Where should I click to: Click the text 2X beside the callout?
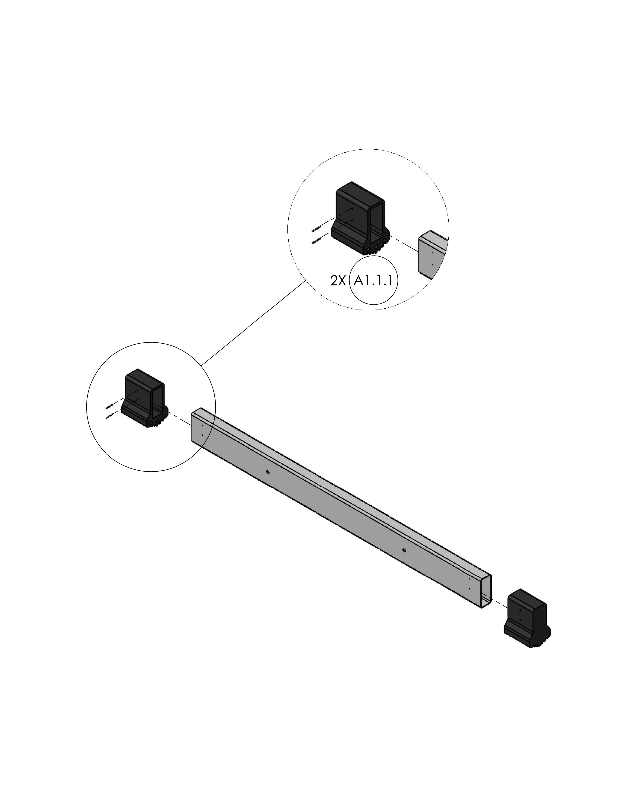[338, 281]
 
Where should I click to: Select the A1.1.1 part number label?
[373, 281]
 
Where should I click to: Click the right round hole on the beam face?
[404, 550]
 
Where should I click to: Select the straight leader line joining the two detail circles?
[253, 323]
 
